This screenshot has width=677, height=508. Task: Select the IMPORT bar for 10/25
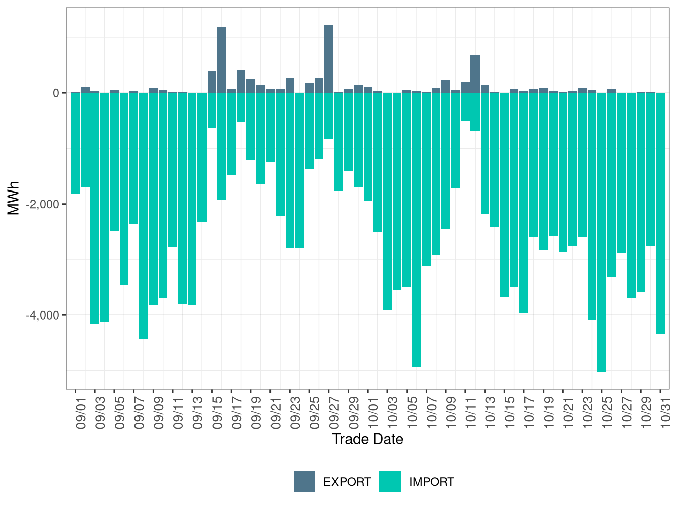coord(602,232)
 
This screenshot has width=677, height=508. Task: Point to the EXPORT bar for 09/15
coord(212,82)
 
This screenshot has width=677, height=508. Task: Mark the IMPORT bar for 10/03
coord(387,202)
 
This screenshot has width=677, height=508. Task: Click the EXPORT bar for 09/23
coord(290,86)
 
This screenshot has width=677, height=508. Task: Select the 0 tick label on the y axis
coord(56,93)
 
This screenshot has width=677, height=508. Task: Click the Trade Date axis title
coord(368,439)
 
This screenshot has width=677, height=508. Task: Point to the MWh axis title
coord(14,198)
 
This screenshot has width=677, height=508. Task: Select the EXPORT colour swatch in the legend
coord(304,482)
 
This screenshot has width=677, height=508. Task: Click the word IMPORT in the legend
coord(431,482)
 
